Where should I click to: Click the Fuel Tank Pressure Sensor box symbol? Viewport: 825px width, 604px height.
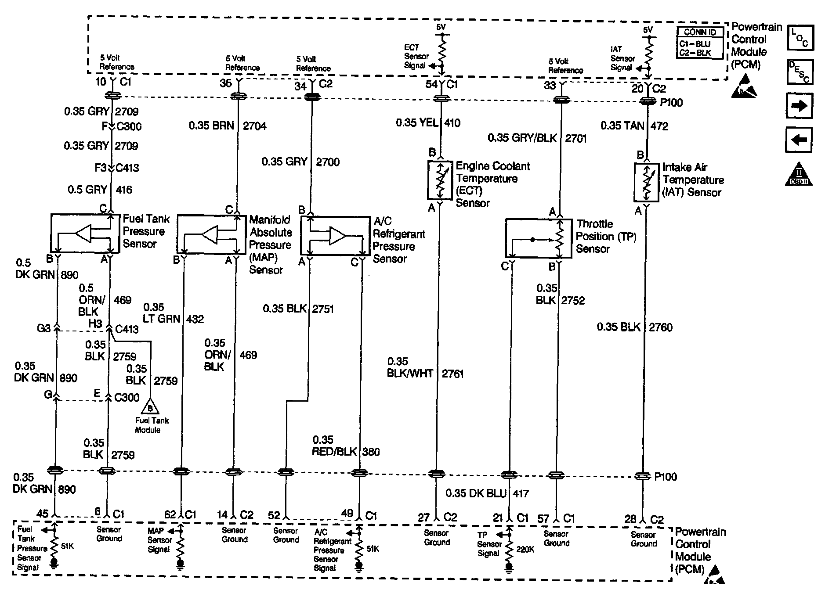pos(85,234)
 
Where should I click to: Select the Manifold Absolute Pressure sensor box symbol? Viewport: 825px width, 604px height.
pos(212,234)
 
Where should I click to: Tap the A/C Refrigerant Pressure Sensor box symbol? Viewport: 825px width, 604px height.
pos(335,235)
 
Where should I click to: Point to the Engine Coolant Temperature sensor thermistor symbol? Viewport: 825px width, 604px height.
pos(440,180)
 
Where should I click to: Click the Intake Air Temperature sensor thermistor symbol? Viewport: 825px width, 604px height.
pos(646,182)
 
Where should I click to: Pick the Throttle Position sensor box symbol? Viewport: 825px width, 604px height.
pos(538,238)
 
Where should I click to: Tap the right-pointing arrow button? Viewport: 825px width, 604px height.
pos(799,106)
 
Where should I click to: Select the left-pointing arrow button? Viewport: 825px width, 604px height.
pos(799,140)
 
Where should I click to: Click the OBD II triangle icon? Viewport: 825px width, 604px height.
pos(799,175)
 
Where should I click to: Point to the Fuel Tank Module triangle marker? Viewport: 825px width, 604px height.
pos(151,408)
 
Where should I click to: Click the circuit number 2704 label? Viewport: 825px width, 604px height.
pos(255,126)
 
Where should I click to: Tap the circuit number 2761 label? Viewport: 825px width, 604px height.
pos(453,374)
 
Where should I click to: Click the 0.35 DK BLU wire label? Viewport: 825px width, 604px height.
pos(476,493)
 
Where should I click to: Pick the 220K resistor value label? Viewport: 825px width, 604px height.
pos(525,549)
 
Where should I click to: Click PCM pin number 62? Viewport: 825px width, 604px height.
pos(170,515)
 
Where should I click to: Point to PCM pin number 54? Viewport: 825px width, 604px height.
pos(431,84)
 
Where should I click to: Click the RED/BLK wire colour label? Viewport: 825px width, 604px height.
pos(334,452)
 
